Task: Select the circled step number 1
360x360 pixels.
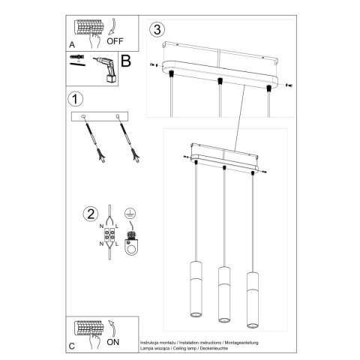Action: [x=73, y=99]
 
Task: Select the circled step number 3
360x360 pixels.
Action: [x=156, y=31]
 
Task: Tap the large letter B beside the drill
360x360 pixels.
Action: [x=125, y=61]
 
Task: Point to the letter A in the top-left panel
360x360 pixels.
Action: [x=72, y=45]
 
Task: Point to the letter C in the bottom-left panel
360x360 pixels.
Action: [x=72, y=346]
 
